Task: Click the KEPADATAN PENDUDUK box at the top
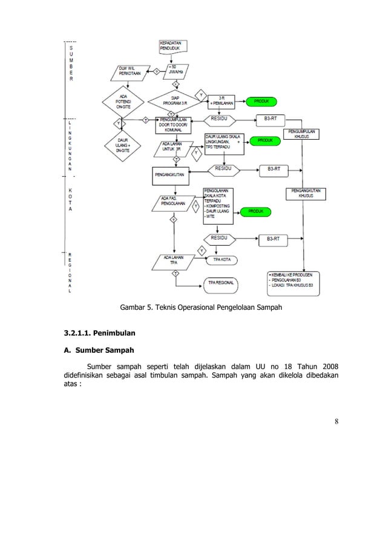174,46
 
